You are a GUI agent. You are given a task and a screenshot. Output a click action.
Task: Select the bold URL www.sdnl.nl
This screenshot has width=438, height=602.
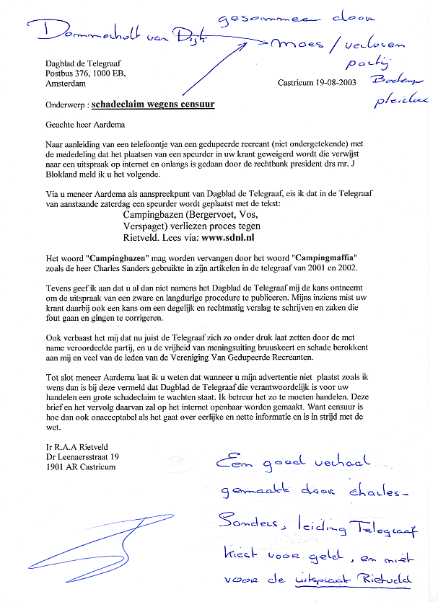[x=222, y=236]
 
